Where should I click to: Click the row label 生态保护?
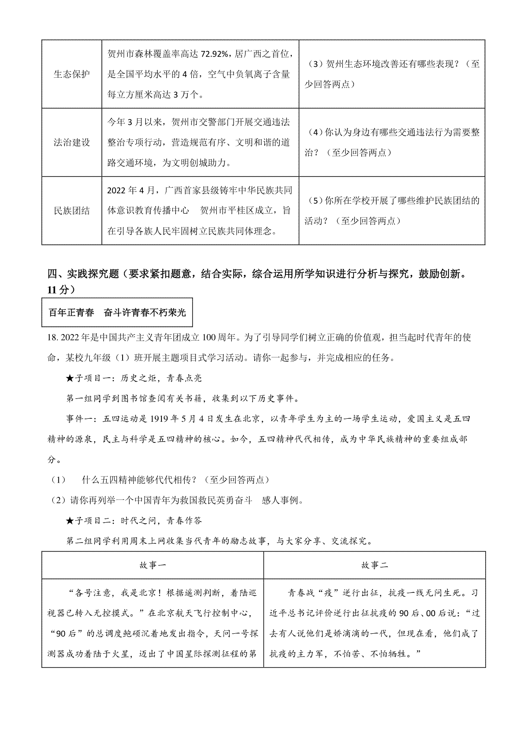click(72, 74)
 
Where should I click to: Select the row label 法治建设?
click(72, 142)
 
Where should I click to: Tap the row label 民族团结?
click(72, 211)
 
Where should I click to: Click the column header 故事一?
click(153, 565)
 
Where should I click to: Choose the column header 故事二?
click(375, 565)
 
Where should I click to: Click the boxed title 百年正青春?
click(71, 313)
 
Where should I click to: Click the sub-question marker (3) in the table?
click(316, 64)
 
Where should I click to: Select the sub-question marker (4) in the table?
click(316, 133)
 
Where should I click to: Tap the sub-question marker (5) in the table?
click(316, 201)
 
